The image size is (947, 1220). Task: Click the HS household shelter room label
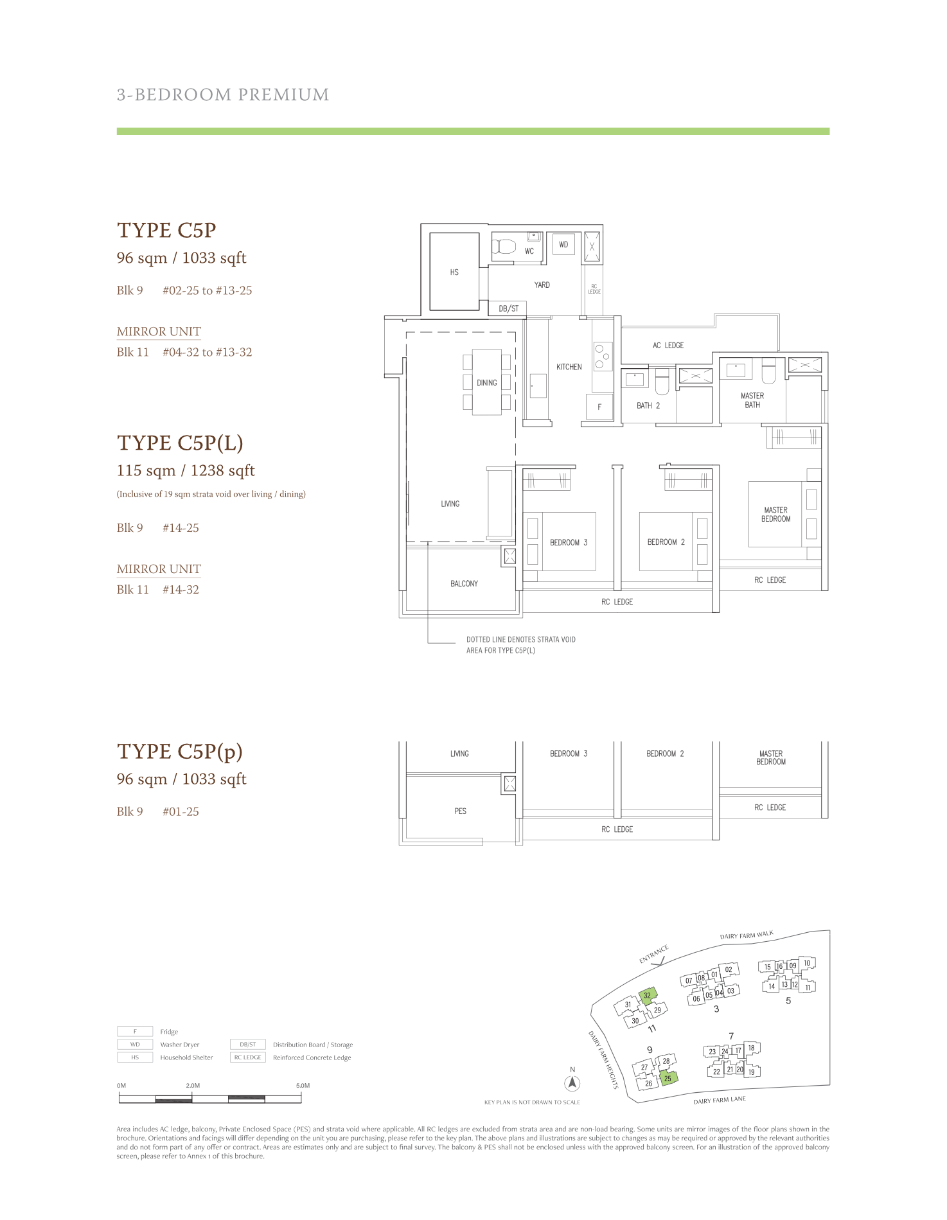(x=454, y=272)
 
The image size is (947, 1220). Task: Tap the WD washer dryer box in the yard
(x=563, y=244)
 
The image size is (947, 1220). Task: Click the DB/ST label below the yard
(x=508, y=308)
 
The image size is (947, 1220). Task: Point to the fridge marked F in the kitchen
(x=599, y=407)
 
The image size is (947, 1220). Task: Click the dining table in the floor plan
(x=487, y=382)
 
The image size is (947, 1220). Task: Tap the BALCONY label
(x=464, y=583)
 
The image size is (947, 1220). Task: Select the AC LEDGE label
(x=668, y=345)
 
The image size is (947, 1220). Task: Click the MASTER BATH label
(x=752, y=400)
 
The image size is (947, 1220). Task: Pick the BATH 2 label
(x=648, y=405)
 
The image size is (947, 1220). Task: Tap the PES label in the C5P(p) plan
(x=461, y=811)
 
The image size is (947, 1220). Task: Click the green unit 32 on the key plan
(x=648, y=995)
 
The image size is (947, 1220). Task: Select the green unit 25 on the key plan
(x=668, y=1078)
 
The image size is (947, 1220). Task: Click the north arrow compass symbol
(x=572, y=1083)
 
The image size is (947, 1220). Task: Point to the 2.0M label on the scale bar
(x=193, y=1086)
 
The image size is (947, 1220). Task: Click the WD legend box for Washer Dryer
(x=135, y=1045)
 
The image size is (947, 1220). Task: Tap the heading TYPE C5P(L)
(x=180, y=443)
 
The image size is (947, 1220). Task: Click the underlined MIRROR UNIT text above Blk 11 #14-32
(x=159, y=569)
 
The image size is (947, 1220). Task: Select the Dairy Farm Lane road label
(x=720, y=1101)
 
